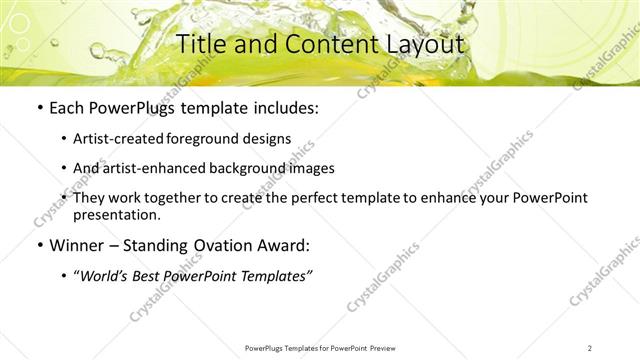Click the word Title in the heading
(201, 44)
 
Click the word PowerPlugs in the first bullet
(124, 107)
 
